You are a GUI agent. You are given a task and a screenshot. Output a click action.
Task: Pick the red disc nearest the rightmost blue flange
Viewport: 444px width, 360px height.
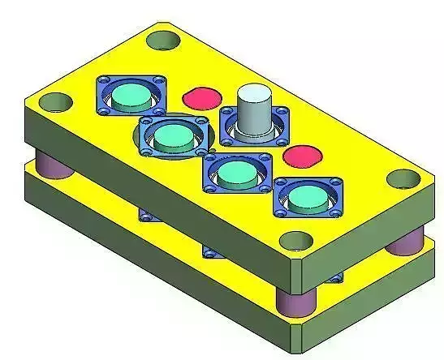(300, 156)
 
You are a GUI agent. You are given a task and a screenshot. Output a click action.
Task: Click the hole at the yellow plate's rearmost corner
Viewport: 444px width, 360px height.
(166, 37)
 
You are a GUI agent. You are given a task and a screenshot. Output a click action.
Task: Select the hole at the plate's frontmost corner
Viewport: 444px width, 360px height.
(296, 241)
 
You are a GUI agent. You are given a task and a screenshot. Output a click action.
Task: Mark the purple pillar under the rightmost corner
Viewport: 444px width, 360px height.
(403, 241)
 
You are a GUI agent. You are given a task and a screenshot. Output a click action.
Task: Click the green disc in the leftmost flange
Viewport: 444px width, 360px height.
(129, 98)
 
